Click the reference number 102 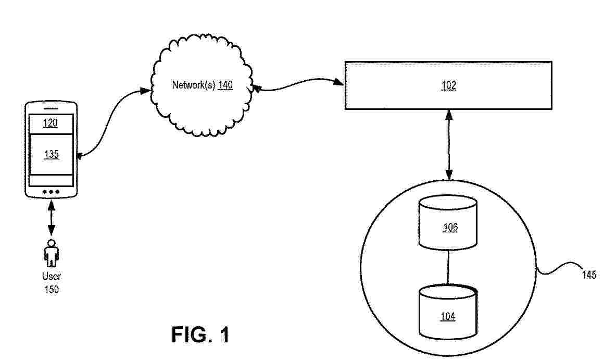click(x=449, y=85)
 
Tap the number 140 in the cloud click(x=225, y=85)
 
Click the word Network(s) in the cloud click(x=194, y=85)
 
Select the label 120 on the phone click(x=51, y=123)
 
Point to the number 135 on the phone click(x=52, y=154)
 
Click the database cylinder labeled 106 click(x=448, y=223)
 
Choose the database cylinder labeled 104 click(x=448, y=312)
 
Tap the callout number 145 click(x=589, y=275)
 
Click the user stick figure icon click(x=51, y=253)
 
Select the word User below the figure click(x=52, y=276)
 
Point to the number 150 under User click(x=52, y=290)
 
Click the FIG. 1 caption click(x=200, y=335)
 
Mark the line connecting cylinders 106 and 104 click(x=448, y=268)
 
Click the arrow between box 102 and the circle click(x=449, y=145)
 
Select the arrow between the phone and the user click(x=51, y=218)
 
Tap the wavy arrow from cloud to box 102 click(x=297, y=84)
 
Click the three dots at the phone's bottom click(x=51, y=192)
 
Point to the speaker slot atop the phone click(x=51, y=108)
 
